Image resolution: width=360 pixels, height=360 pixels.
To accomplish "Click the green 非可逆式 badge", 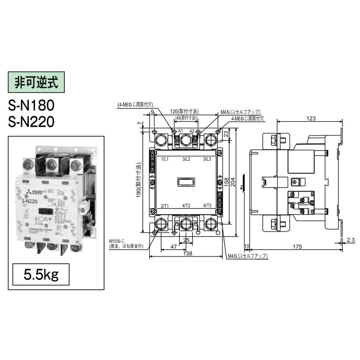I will point(36,83).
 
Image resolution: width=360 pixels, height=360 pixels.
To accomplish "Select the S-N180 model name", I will point(31,105).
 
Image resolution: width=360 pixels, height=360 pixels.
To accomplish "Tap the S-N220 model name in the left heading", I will point(31,122).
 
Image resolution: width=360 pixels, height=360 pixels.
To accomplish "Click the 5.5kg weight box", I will point(41,275).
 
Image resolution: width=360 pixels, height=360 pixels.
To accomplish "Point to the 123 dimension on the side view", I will point(312,118).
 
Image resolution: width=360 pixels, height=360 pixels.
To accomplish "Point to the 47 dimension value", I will point(173,247).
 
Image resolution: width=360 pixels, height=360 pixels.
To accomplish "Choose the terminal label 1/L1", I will point(165,159).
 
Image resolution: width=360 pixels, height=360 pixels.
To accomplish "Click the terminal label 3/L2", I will point(186,159).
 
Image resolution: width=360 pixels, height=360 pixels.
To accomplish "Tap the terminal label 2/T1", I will point(165,206).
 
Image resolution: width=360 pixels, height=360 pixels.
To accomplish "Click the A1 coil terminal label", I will point(180,131).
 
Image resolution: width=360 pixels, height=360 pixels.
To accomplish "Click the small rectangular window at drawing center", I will point(186,182).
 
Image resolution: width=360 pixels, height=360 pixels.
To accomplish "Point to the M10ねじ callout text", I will point(116,242).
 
